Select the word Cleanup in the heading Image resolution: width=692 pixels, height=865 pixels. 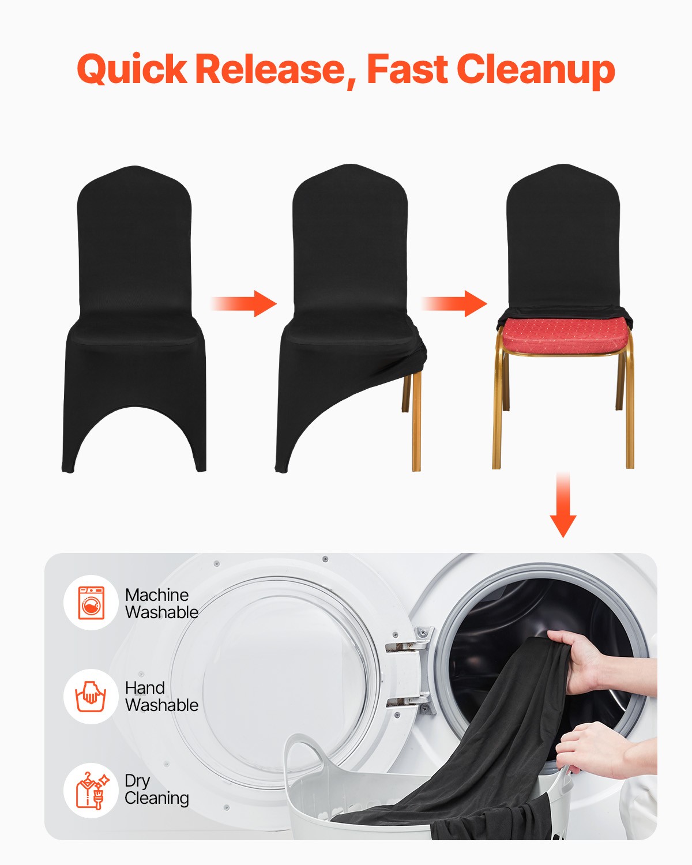coord(536,70)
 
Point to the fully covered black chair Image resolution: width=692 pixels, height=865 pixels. coord(134,317)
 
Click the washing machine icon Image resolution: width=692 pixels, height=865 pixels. coord(91,603)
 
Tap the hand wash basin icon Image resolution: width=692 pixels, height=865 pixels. coord(91,696)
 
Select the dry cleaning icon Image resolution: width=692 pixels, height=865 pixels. coord(91,790)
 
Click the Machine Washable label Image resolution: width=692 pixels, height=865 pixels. coord(161,603)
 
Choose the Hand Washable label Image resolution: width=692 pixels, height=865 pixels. coord(161,697)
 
